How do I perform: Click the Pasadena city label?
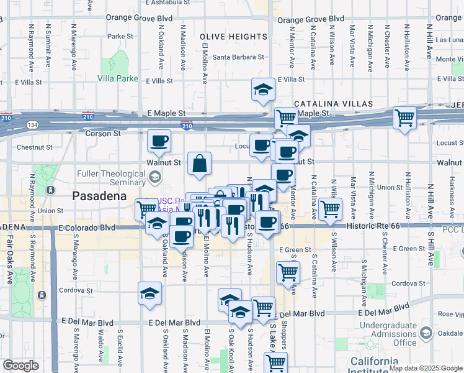click(99, 195)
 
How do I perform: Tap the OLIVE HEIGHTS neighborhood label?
click(234, 37)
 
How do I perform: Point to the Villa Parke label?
click(118, 79)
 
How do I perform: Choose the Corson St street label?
click(103, 134)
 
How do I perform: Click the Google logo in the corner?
click(21, 365)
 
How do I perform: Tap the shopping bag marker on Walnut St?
click(200, 164)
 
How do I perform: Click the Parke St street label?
click(117, 37)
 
